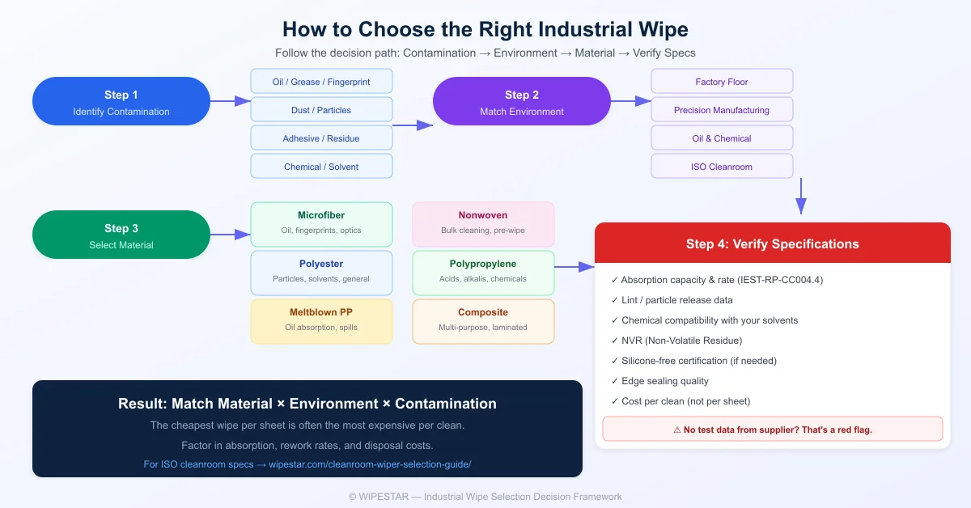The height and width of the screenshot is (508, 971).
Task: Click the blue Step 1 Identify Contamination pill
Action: pos(121,101)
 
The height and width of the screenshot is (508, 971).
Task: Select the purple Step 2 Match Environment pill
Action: pos(521,101)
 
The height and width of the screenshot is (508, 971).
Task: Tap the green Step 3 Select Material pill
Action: pos(121,235)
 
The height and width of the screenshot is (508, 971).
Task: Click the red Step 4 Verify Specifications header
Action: pos(772,243)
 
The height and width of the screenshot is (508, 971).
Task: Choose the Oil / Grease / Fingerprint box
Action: pos(321,82)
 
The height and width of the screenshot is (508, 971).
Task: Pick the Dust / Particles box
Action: pos(321,110)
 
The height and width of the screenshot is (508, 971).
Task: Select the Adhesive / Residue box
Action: pos(321,138)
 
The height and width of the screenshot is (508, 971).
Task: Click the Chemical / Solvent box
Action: pos(321,167)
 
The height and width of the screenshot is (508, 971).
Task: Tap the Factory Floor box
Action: pos(722,82)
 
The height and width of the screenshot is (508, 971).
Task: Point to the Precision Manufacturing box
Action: pos(722,110)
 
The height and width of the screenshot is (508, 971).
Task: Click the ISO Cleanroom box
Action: pos(722,167)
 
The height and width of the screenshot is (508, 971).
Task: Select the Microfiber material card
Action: pos(321,223)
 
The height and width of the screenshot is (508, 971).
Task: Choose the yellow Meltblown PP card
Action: pos(321,320)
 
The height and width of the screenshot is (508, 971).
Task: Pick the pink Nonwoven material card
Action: pos(483,223)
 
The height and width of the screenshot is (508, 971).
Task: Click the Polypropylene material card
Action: pos(483,272)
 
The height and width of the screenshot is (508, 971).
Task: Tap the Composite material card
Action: pos(483,320)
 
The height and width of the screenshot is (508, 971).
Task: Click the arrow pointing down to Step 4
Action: pos(800,197)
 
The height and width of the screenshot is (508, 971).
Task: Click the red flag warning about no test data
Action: pos(772,430)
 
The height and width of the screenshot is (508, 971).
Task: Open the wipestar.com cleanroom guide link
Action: pos(307,464)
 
